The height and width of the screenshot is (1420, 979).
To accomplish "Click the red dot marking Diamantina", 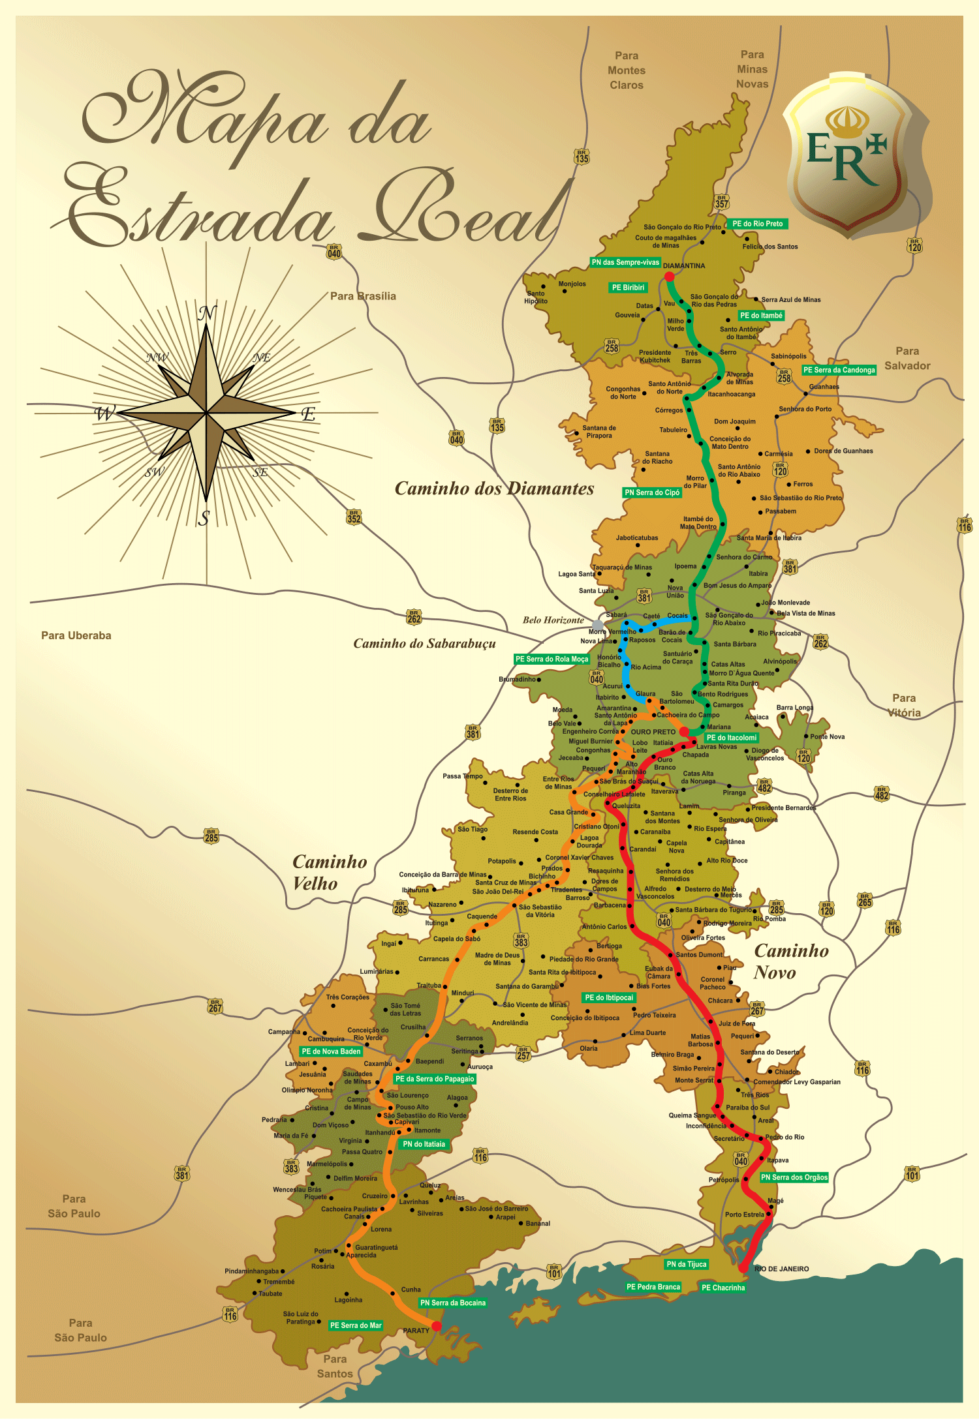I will pyautogui.click(x=669, y=277).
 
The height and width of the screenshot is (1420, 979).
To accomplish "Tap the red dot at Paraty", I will pyautogui.click(x=437, y=1326).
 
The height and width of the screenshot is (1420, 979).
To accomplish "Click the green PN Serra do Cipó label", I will pyautogui.click(x=652, y=492).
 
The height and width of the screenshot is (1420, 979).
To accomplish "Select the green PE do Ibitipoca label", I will pyautogui.click(x=608, y=997).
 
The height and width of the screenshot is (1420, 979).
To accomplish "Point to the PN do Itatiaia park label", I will pyautogui.click(x=424, y=1143).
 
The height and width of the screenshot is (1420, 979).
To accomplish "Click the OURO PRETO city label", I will pyautogui.click(x=653, y=732).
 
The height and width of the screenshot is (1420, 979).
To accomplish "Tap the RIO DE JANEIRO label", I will pyautogui.click(x=781, y=1269).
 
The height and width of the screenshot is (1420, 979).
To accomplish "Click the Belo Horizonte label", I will pyautogui.click(x=553, y=620).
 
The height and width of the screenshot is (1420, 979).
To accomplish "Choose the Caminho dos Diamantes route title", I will pyautogui.click(x=494, y=489).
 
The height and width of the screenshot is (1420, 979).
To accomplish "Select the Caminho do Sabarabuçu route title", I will pyautogui.click(x=424, y=644).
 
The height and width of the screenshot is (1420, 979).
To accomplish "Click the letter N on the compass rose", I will pyautogui.click(x=207, y=313).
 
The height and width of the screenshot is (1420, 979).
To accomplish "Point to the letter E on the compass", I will pyautogui.click(x=308, y=414).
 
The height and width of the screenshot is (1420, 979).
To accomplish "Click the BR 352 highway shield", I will pyautogui.click(x=354, y=517).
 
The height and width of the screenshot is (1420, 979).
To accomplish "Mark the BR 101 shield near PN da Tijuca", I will pyautogui.click(x=554, y=1271).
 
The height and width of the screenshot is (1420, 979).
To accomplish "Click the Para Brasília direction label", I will pyautogui.click(x=363, y=296).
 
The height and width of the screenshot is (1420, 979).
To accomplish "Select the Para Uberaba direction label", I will pyautogui.click(x=76, y=635).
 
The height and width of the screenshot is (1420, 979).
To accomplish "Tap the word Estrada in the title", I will pyautogui.click(x=196, y=209).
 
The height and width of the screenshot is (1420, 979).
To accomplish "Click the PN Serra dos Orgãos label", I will pyautogui.click(x=794, y=1177).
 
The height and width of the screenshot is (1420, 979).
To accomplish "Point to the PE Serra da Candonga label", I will pyautogui.click(x=839, y=370).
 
